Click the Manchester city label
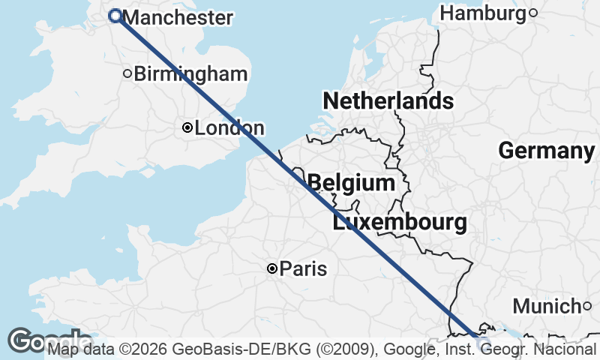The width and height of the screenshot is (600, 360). click(x=177, y=17)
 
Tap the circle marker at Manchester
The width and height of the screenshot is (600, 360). click(x=115, y=16)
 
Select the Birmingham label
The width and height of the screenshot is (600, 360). click(x=190, y=73)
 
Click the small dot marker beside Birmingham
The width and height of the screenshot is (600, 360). click(x=127, y=73)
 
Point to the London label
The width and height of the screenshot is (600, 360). click(x=229, y=128)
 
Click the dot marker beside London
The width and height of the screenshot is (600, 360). click(x=187, y=128)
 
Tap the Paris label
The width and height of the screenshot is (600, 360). click(x=303, y=268)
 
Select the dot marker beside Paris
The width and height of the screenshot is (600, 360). click(x=272, y=268)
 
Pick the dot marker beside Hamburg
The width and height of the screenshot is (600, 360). click(x=532, y=13)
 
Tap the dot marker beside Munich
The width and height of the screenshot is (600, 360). click(x=587, y=305)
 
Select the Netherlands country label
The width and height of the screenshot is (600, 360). click(x=388, y=100)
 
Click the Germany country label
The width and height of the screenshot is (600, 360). click(x=546, y=151)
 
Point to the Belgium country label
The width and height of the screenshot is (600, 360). click(x=351, y=183)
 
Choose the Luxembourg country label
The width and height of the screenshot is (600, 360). click(x=400, y=222)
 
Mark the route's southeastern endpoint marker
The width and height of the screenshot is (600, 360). click(x=482, y=343)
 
